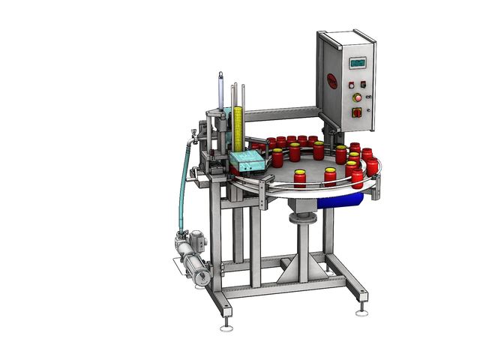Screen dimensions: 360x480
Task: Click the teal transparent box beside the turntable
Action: (247, 160)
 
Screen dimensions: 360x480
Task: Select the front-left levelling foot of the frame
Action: (225, 325)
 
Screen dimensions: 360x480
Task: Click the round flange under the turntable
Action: (302, 219)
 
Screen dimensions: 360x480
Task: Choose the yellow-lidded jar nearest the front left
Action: (300, 178)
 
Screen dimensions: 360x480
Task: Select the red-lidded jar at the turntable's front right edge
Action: (358, 179)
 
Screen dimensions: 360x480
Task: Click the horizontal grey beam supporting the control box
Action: (281, 114)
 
